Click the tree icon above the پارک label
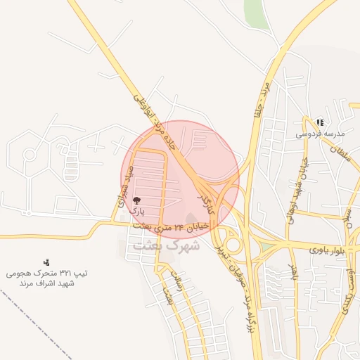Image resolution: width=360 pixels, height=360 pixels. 136,201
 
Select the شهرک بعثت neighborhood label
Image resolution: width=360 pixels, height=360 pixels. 165,246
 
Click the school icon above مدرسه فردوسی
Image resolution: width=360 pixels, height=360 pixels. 320,122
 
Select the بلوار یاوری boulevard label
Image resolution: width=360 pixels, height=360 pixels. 329,249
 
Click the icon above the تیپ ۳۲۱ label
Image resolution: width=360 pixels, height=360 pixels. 46,262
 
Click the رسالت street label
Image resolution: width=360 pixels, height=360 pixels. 180,286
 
